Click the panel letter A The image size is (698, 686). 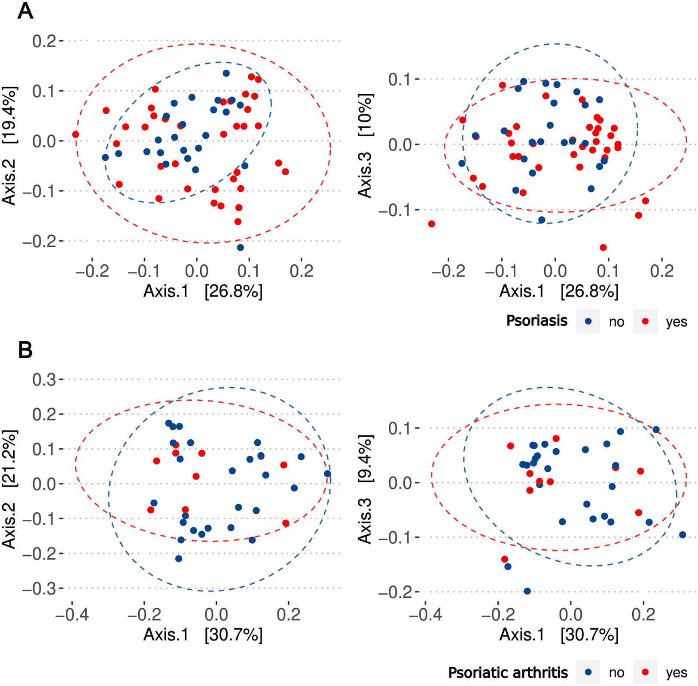tap(25, 11)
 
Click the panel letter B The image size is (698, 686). tap(25, 350)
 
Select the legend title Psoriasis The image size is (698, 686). tap(536, 321)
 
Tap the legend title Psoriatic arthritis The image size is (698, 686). tap(508, 672)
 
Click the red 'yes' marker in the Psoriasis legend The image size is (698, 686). tap(645, 321)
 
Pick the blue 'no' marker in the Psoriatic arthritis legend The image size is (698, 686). tap(588, 672)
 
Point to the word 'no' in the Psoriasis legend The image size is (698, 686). tap(616, 322)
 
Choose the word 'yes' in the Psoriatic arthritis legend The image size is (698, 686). tap(677, 673)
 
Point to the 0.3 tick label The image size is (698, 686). tap(44, 380)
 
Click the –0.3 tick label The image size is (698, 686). tap(39, 588)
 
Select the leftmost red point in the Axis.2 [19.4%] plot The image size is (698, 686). tap(76, 135)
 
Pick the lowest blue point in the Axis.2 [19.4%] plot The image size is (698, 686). tap(240, 248)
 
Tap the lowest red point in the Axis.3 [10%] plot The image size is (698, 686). tap(603, 248)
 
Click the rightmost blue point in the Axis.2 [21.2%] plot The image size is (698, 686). tap(327, 474)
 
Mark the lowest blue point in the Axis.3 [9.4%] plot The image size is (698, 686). tap(527, 591)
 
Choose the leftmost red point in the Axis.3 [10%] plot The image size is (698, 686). tap(432, 224)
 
